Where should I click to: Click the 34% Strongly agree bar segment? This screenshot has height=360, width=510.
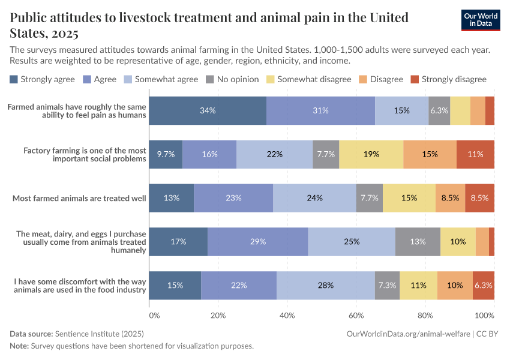pos(208,110)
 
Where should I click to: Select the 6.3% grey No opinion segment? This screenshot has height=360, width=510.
pos(439,110)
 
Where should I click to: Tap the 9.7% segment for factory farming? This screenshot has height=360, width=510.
pos(166,154)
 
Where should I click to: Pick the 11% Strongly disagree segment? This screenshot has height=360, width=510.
pos(475,154)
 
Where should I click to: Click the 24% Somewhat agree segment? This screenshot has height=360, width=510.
pos(314,198)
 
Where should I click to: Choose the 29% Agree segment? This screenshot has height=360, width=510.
pos(258,242)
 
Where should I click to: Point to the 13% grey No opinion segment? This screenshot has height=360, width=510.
pos(418,242)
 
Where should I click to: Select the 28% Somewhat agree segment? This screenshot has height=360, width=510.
pos(326,286)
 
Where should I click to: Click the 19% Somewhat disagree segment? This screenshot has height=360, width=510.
pos(371,154)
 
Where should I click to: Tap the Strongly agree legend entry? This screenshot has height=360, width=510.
pos(42,79)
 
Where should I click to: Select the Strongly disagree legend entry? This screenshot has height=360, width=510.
pos(448,79)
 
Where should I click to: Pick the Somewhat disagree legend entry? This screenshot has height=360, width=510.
pos(308,79)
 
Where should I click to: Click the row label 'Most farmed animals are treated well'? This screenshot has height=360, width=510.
pos(79,198)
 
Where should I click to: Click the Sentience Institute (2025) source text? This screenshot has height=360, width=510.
pos(99,334)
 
